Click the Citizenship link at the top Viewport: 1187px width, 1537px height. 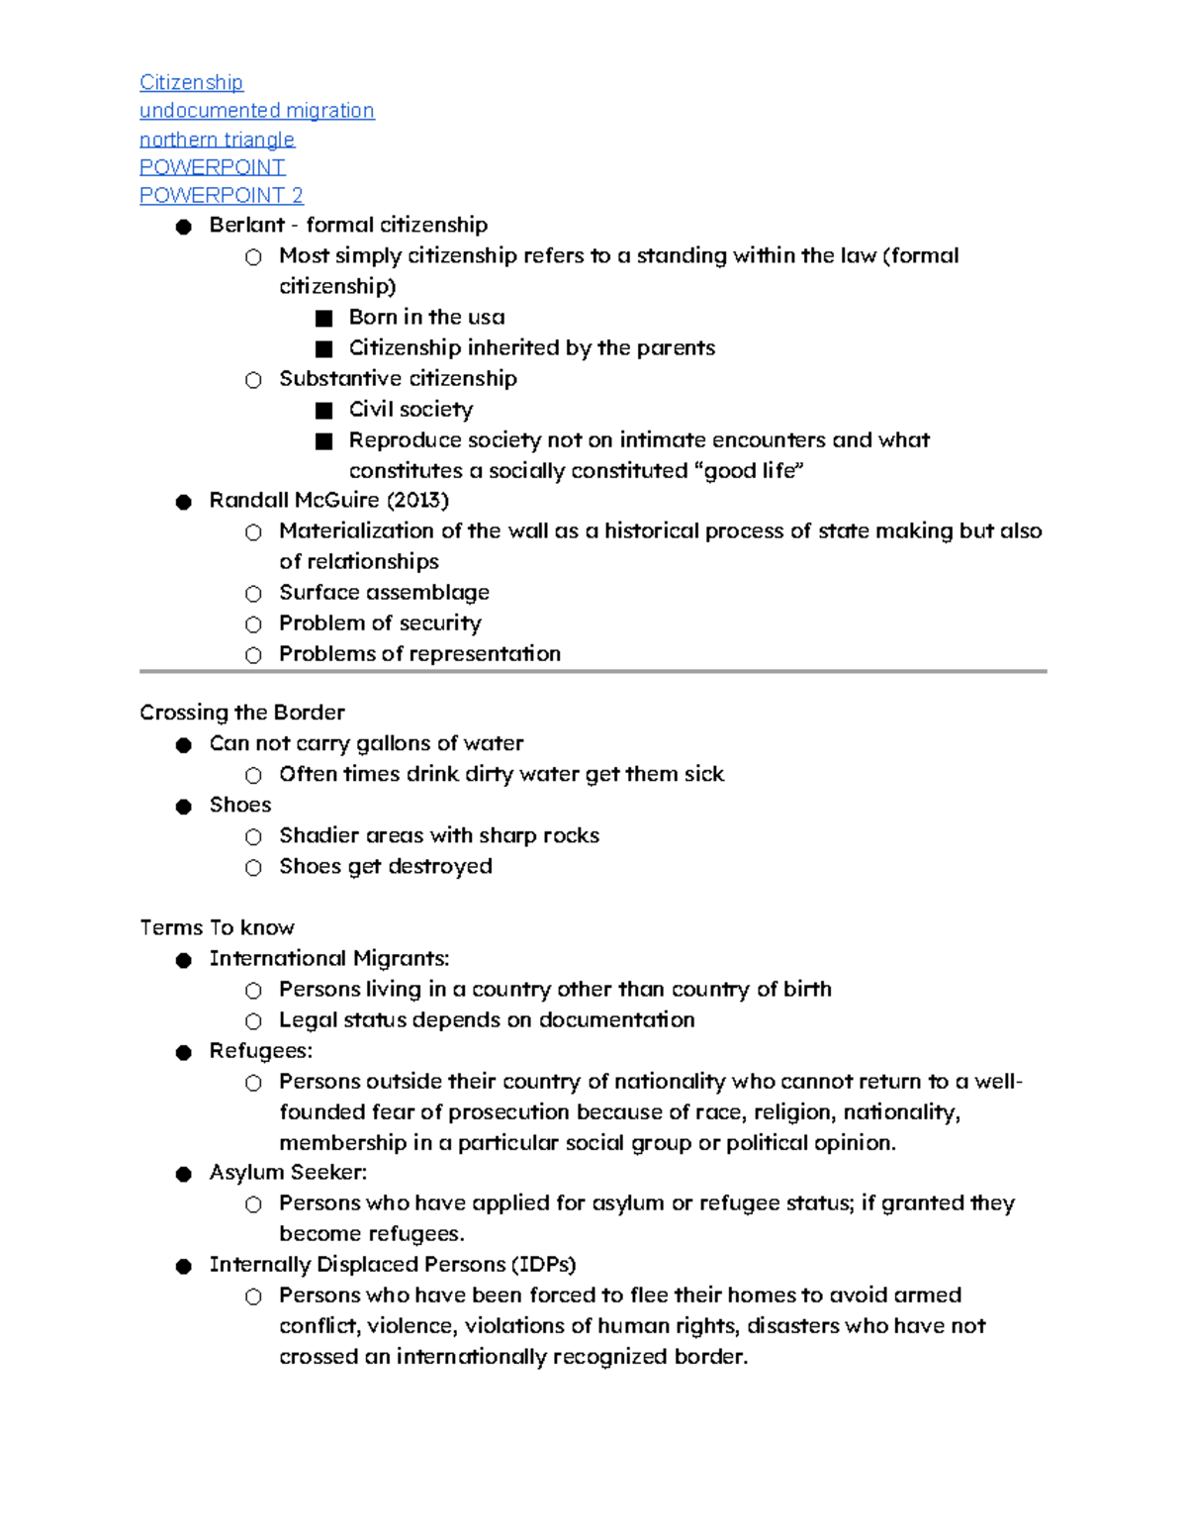point(191,82)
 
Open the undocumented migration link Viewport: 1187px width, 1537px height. point(256,110)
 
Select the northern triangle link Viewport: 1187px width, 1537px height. point(217,139)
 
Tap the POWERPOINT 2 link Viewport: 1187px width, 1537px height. point(221,195)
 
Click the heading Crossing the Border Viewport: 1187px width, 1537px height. point(241,713)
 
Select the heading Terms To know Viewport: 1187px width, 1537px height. point(217,927)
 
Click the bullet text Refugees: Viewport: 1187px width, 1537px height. point(260,1050)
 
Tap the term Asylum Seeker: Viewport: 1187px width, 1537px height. point(288,1172)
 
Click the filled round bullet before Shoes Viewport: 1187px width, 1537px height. point(183,807)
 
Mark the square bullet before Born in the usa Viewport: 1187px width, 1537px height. point(323,319)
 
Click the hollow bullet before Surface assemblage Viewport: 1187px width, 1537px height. point(253,594)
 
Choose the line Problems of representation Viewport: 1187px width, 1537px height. point(419,653)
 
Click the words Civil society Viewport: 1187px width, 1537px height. point(411,409)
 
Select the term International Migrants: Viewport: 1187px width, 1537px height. point(328,958)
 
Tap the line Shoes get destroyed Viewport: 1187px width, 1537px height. point(385,866)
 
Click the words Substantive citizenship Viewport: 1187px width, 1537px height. point(398,378)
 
